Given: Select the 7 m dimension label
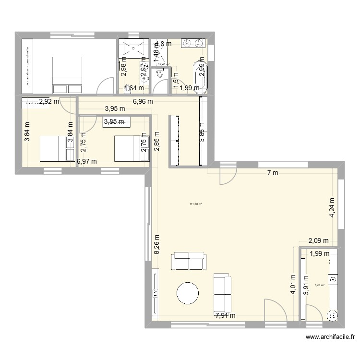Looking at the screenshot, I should click(272, 173).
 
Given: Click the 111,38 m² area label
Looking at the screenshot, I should click(196, 204).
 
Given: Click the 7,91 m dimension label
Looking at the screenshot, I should click(226, 315).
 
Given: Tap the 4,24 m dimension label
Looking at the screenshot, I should click(332, 208).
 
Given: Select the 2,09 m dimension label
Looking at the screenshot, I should click(318, 241).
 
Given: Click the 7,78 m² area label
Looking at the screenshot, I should click(319, 285).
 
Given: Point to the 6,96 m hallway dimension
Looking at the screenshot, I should click(143, 101).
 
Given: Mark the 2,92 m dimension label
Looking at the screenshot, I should click(49, 101).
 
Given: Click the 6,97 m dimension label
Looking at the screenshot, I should click(87, 162).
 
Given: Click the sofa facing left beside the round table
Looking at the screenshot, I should click(222, 292).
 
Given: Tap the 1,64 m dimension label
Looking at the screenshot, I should click(134, 88).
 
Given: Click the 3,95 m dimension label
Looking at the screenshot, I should click(114, 109).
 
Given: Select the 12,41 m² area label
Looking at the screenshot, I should click(164, 64).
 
